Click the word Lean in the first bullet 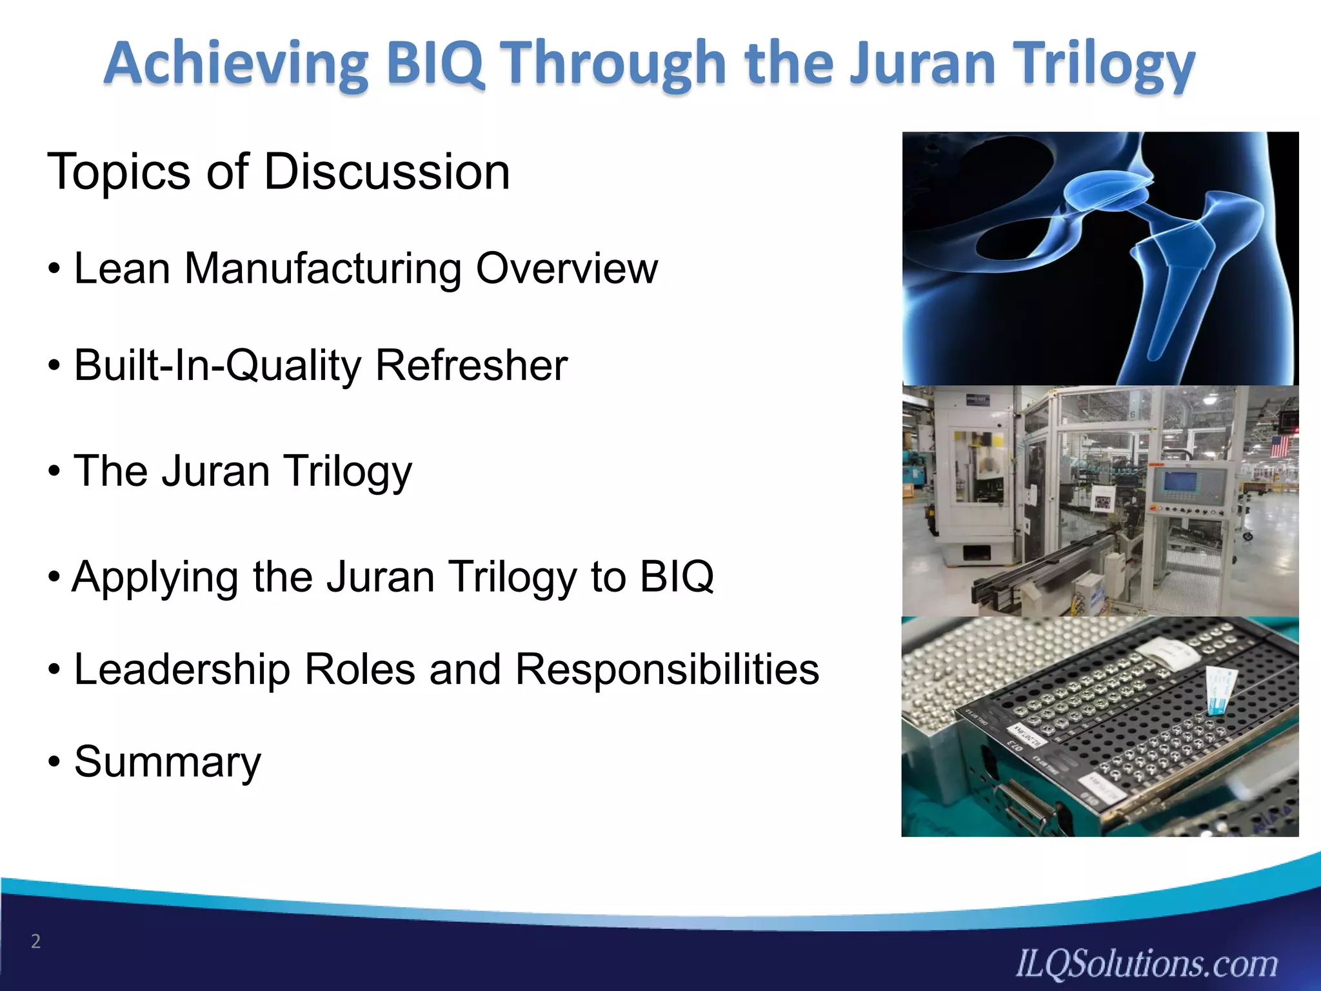[x=123, y=268]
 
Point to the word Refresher [x=471, y=366]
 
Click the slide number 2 [x=36, y=941]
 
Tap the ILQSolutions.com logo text [x=1146, y=963]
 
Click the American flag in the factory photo [x=1279, y=446]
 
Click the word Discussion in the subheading [x=387, y=172]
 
